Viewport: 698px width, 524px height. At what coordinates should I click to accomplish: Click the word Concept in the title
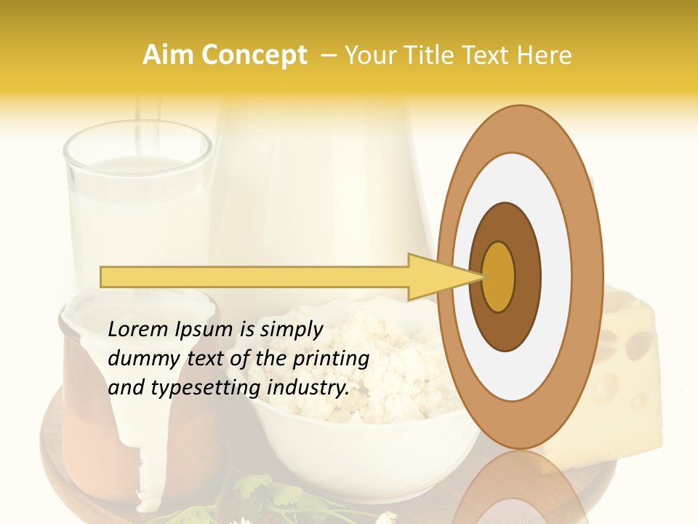pos(254,55)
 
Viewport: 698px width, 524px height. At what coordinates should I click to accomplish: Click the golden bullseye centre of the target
pos(499,277)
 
